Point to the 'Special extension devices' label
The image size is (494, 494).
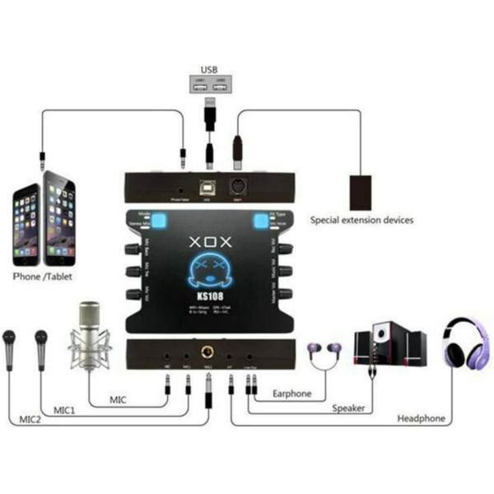(x=361, y=221)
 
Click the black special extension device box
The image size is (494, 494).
(x=364, y=191)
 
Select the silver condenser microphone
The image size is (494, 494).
(x=90, y=333)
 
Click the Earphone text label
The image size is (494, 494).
(x=292, y=394)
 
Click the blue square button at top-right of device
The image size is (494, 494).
(x=261, y=220)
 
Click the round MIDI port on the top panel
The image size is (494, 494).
(x=239, y=185)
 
